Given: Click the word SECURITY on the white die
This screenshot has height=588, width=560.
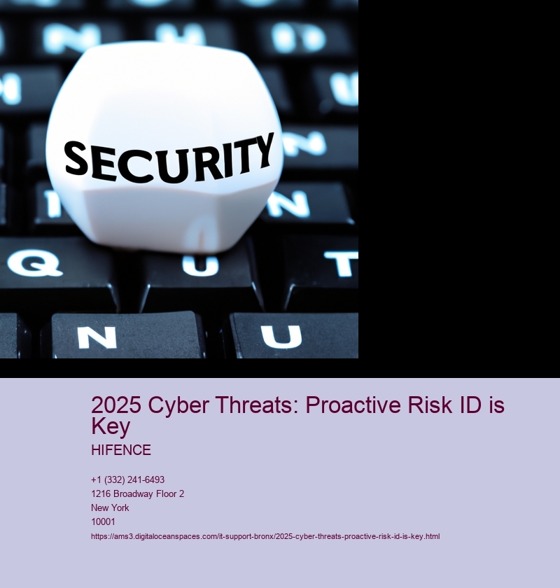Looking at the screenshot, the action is pos(169,160).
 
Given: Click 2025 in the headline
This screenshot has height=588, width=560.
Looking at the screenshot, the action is pos(116,405).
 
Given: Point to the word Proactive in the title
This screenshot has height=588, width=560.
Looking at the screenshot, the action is pos(353,405).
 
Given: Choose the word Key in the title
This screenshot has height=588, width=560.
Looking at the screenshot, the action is pos(111,427).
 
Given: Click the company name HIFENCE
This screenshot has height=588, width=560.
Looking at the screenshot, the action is pos(121,450).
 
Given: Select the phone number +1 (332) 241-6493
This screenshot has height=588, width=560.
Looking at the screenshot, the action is pos(127,479).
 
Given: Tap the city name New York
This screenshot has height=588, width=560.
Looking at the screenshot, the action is pos(110,507).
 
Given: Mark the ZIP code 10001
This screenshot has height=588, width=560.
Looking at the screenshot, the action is pos(103,521).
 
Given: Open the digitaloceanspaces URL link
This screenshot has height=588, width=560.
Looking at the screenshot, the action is pos(265,536).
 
